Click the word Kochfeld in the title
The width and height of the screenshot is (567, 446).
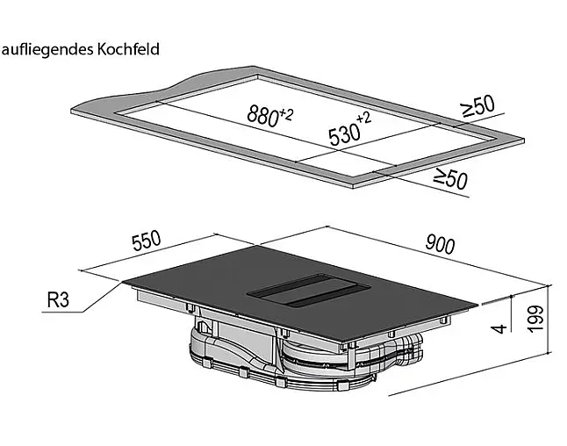point(128,49)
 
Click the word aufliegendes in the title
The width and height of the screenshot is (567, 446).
point(47,50)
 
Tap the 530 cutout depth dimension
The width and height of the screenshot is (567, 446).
point(345,133)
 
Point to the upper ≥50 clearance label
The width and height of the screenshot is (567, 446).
point(477,106)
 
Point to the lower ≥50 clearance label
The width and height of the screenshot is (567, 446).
point(450,179)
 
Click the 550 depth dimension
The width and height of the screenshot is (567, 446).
point(146,241)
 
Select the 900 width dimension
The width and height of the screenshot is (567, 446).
point(440,244)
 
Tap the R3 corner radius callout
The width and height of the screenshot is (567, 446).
point(58,300)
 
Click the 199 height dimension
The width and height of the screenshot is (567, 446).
point(535,319)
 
